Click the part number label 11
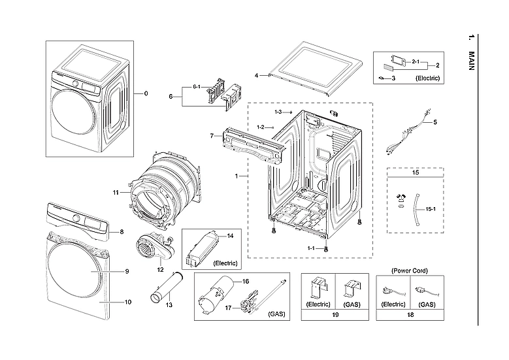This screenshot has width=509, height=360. (x=116, y=192)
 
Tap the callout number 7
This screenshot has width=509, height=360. (x=211, y=136)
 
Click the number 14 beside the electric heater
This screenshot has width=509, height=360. (x=229, y=235)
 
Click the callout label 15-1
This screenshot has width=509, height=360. (x=431, y=210)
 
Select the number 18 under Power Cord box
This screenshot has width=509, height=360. (x=410, y=315)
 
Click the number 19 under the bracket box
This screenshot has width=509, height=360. (x=335, y=315)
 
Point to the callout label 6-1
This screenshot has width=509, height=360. (x=196, y=87)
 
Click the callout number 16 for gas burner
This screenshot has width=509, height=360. (x=246, y=281)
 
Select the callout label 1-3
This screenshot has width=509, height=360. (x=278, y=112)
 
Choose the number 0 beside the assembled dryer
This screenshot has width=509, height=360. (x=146, y=93)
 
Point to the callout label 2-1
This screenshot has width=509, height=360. (x=416, y=61)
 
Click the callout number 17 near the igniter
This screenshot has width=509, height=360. (x=228, y=307)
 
